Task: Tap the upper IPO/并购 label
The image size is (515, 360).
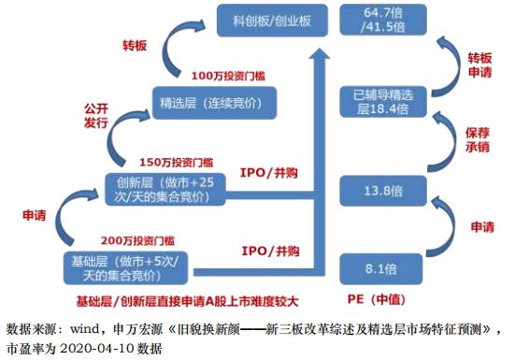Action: tap(270, 173)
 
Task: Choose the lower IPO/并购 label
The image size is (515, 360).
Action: tap(268, 252)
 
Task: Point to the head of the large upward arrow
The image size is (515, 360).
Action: tap(322, 54)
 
